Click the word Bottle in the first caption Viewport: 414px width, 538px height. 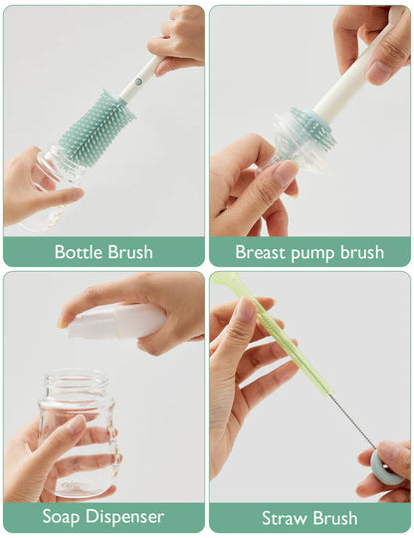coord(78,252)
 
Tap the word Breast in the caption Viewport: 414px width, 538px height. coord(261,252)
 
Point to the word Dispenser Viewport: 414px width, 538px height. coord(124,518)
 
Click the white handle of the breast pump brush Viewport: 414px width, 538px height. coord(343,85)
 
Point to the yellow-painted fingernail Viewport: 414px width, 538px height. coord(64,322)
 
